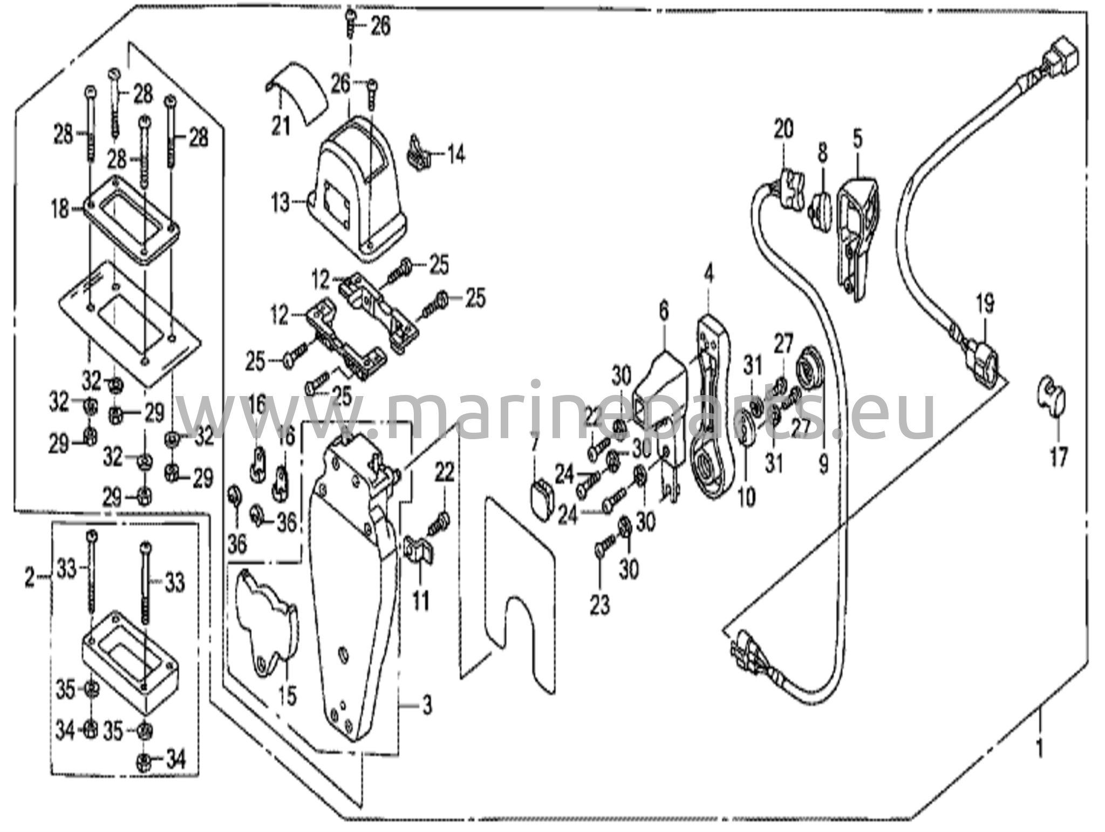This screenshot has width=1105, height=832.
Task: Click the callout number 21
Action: tap(281, 127)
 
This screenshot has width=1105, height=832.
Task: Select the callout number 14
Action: tap(455, 155)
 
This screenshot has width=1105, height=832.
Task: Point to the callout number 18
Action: tap(61, 209)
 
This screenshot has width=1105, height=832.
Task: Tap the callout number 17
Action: tap(1058, 458)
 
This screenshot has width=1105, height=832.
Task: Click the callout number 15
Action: tap(288, 695)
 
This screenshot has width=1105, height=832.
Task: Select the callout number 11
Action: tap(421, 600)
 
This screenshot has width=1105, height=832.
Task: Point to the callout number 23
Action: tap(599, 605)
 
